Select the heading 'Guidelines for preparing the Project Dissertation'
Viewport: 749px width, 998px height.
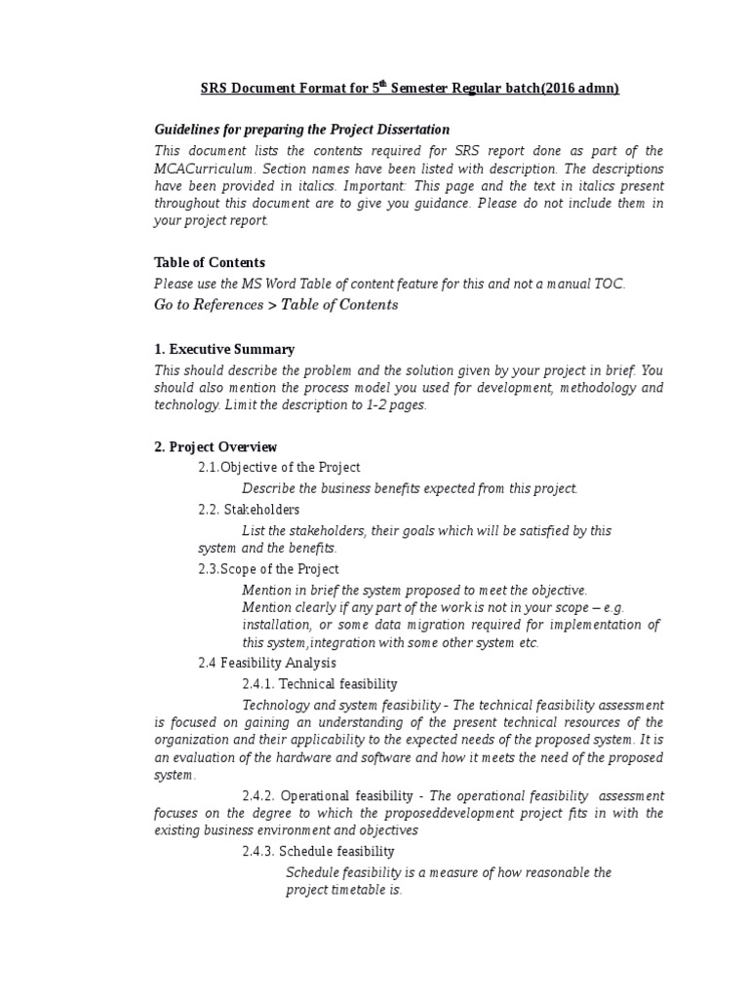click(x=302, y=130)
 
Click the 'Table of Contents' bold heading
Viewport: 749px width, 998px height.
click(x=210, y=262)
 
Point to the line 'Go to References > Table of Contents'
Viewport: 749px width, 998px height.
click(x=276, y=304)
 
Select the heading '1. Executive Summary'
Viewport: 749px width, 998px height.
click(x=224, y=349)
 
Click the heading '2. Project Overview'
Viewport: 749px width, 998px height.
click(x=216, y=447)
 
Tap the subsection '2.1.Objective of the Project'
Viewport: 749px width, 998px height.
click(x=279, y=468)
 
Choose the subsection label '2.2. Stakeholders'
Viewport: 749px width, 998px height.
click(x=249, y=509)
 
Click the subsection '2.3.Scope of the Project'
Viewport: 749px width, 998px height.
click(x=268, y=569)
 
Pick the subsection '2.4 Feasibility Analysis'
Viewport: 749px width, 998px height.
click(x=267, y=663)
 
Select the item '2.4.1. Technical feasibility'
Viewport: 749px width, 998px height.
click(x=320, y=684)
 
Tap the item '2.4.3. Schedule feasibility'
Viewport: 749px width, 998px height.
click(x=318, y=851)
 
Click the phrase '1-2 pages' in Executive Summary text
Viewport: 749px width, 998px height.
click(x=396, y=405)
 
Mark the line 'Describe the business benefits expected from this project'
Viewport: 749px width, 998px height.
click(x=410, y=488)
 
